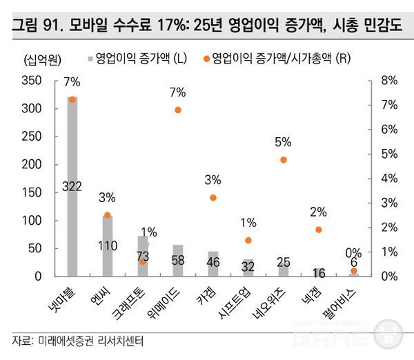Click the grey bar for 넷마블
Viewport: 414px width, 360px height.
(x=72, y=186)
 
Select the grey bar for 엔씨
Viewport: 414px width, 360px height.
(x=107, y=246)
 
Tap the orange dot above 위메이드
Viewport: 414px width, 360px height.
(x=178, y=110)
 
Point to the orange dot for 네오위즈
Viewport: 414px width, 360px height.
(x=284, y=160)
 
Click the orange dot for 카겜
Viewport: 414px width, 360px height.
(x=213, y=198)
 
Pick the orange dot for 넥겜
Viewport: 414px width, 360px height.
(x=319, y=230)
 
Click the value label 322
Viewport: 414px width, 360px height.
(x=72, y=186)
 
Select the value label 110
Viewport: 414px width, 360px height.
(x=107, y=246)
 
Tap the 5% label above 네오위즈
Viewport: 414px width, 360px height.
(x=283, y=142)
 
